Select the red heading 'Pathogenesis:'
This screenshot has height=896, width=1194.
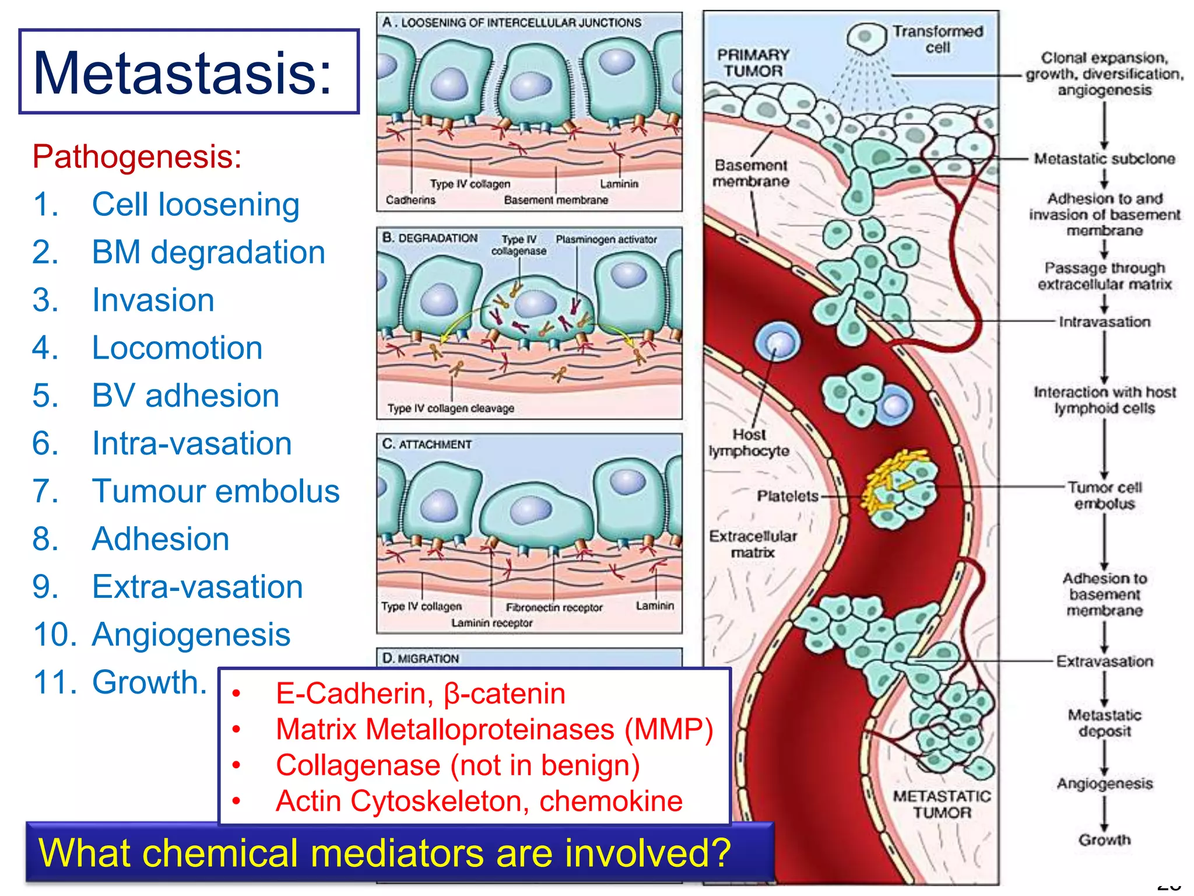tap(137, 156)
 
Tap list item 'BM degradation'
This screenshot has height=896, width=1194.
tap(208, 252)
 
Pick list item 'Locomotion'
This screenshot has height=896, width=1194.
tap(177, 348)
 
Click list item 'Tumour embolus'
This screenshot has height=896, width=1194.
tap(216, 491)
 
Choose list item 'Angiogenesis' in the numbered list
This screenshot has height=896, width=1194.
tap(191, 634)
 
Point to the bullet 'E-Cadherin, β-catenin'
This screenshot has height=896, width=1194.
tap(420, 694)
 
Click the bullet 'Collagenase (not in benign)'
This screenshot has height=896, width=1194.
tap(458, 765)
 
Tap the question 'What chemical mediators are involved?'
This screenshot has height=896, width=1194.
tap(384, 852)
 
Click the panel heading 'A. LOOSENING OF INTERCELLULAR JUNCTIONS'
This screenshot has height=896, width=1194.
tap(511, 23)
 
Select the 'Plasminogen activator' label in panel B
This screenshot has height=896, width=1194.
tap(606, 239)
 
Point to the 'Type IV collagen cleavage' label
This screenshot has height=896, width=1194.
tap(451, 408)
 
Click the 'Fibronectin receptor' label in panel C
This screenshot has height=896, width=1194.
tap(554, 607)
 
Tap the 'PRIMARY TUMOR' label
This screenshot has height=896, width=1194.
tap(753, 62)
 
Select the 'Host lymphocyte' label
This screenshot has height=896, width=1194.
tap(749, 442)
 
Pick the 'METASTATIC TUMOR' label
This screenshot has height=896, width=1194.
tap(942, 804)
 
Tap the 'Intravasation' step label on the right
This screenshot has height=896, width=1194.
tap(1104, 322)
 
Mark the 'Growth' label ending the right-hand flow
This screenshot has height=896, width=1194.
tap(1104, 839)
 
